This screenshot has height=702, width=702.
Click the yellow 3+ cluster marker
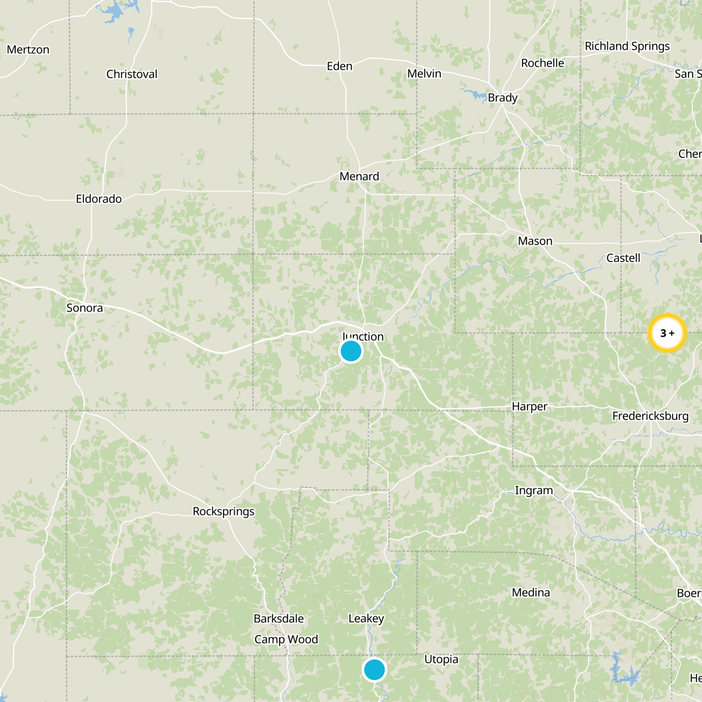(x=667, y=333)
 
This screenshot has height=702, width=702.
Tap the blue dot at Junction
(x=351, y=351)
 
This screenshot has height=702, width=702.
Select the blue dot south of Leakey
(x=374, y=670)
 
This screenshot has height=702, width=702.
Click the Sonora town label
(x=85, y=308)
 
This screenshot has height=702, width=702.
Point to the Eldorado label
(x=99, y=199)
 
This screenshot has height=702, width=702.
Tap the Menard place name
(x=359, y=176)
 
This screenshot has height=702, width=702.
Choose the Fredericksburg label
(x=650, y=416)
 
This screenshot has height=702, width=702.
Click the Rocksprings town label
(x=223, y=512)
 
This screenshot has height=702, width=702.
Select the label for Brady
(x=503, y=97)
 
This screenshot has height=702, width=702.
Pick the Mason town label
(x=535, y=241)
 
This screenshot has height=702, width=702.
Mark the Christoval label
(x=132, y=74)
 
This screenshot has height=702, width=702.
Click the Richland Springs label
(x=627, y=46)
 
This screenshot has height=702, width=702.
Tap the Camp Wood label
(x=286, y=639)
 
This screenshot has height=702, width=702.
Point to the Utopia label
(x=441, y=659)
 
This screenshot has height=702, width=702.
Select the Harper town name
(x=529, y=407)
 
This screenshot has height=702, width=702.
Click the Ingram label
(x=534, y=491)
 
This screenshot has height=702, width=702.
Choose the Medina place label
(x=531, y=593)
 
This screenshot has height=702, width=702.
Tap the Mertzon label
(x=28, y=50)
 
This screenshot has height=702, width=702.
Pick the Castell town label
(x=623, y=258)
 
